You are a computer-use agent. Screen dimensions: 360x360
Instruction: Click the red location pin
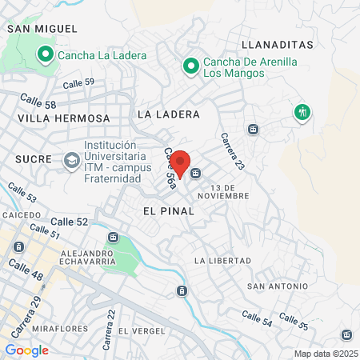tap(181, 162)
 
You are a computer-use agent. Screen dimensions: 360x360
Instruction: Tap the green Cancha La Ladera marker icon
tap(46, 55)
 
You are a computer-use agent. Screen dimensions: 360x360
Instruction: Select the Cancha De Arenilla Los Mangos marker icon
tap(190, 66)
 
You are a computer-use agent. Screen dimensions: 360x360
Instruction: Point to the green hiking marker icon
tap(302, 111)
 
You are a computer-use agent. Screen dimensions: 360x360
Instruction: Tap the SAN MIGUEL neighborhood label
tap(36, 28)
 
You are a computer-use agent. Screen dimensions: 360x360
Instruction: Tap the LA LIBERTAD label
tap(223, 261)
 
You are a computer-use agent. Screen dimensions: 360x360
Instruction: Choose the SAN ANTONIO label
tap(278, 286)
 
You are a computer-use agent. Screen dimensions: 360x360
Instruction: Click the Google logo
tap(26, 350)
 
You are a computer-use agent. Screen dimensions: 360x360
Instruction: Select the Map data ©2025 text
tap(324, 354)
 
